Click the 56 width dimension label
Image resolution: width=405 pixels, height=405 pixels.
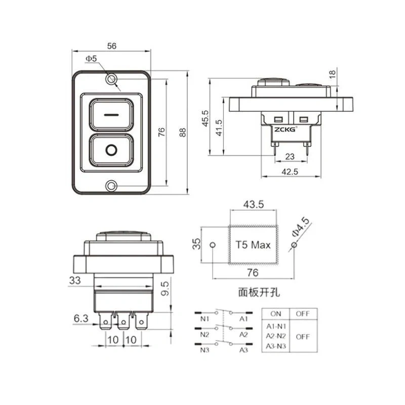[x=112, y=46]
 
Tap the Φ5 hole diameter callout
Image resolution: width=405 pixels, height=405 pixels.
[x=91, y=59]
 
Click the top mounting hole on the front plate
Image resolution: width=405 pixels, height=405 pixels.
[x=111, y=79]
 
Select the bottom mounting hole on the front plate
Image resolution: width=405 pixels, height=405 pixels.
[x=111, y=186]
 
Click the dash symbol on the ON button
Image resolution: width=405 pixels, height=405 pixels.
[x=111, y=115]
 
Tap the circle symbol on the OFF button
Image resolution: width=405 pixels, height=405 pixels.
[x=111, y=150]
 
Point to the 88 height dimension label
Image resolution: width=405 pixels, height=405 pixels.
[x=183, y=132]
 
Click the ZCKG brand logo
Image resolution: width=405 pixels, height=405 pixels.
[x=285, y=129]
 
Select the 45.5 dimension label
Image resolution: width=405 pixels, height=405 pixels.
[x=205, y=118]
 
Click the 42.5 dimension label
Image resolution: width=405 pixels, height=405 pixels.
[x=290, y=172]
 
